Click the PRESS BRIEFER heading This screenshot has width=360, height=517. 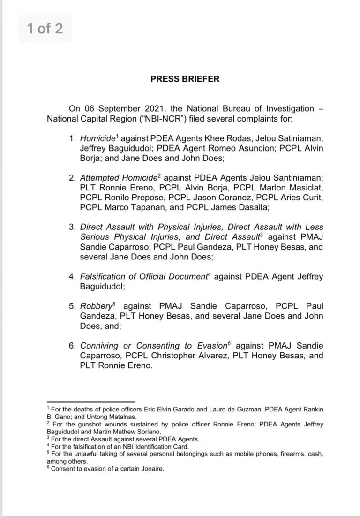(x=185, y=79)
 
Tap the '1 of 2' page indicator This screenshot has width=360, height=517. (x=45, y=29)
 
